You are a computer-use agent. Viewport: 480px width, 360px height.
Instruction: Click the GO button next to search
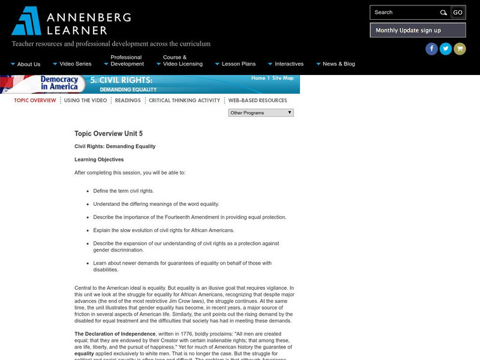click(458, 13)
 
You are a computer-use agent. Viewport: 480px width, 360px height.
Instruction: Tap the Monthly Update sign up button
click(408, 31)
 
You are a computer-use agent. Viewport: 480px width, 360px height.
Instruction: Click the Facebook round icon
click(431, 49)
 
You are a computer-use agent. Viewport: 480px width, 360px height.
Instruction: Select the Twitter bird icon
click(446, 49)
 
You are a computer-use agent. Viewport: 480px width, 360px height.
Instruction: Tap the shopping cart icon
click(460, 49)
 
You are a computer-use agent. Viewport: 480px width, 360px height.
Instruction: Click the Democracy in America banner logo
click(59, 83)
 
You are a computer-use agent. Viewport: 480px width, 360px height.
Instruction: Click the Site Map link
click(283, 78)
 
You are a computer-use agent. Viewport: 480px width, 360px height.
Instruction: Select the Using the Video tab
click(85, 100)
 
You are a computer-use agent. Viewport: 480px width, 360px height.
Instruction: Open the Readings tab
click(128, 100)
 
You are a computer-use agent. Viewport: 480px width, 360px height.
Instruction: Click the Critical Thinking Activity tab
click(184, 100)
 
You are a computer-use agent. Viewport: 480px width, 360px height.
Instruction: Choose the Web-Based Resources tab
click(257, 100)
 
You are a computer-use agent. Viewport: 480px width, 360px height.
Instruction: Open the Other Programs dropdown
click(260, 112)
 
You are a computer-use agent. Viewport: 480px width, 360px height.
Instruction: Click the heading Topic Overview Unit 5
click(109, 134)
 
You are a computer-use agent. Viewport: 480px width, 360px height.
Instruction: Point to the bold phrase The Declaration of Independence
click(115, 334)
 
